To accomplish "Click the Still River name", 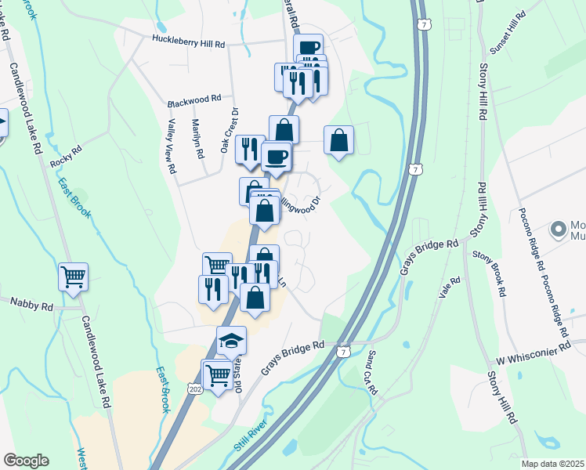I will point(251,436).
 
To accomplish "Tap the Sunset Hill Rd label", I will point(505,33).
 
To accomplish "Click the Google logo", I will point(26,461).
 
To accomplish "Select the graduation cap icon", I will point(232,340).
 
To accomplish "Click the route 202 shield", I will point(195,388).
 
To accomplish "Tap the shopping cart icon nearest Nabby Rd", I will point(73,276).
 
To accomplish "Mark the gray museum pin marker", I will point(559,230).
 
